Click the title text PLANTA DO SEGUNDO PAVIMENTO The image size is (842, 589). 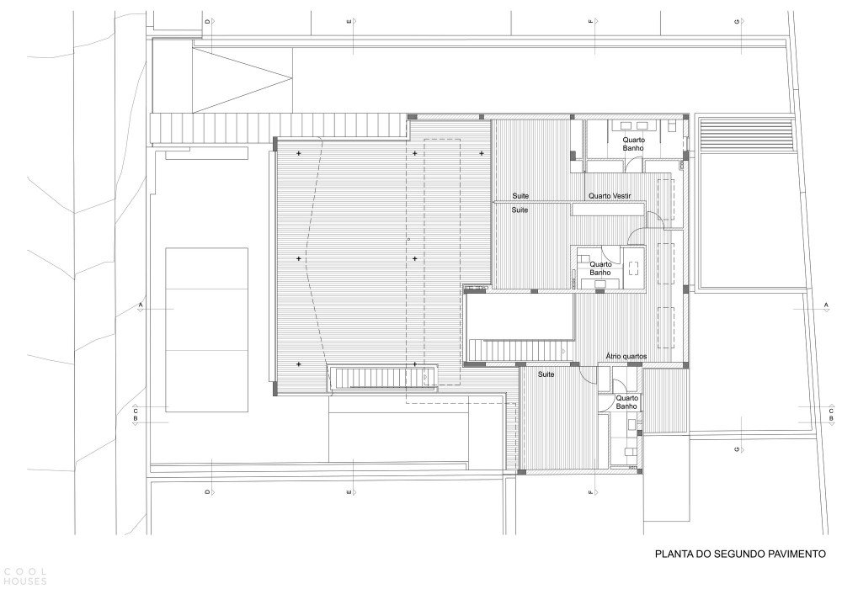tap(740, 554)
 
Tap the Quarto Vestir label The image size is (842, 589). tap(610, 196)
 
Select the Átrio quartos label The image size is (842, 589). tap(626, 356)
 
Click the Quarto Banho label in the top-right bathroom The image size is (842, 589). tap(634, 144)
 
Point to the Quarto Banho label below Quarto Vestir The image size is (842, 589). tap(600, 268)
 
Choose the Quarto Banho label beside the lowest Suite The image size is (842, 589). tap(626, 402)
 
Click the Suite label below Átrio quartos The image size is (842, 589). tap(546, 374)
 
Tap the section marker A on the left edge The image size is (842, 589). tap(141, 305)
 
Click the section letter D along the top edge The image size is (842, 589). tap(207, 21)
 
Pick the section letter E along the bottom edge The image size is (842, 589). tap(349, 491)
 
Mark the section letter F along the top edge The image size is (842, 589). tap(590, 21)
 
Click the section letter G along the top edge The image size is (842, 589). tap(737, 21)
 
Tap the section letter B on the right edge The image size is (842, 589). tap(831, 418)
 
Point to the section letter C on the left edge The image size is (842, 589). tap(136, 411)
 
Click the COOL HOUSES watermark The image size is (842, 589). tap(24, 576)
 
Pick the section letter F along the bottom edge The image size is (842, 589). tap(590, 491)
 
